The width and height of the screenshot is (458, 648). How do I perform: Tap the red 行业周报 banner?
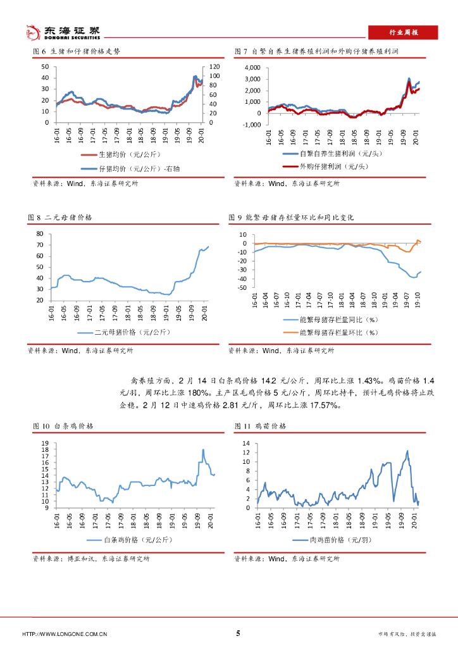pyautogui.click(x=403, y=32)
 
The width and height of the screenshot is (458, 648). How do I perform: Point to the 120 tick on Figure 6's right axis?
pyautogui.click(x=214, y=67)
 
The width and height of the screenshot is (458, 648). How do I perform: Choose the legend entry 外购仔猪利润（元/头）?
pyautogui.click(x=333, y=166)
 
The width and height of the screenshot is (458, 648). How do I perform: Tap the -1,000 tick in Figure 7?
pyautogui.click(x=251, y=125)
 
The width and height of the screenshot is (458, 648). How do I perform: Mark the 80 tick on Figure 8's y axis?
pyautogui.click(x=39, y=234)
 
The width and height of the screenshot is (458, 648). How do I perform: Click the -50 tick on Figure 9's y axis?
pyautogui.click(x=241, y=288)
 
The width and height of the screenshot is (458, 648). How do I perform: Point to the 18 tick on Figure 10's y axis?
pyautogui.click(x=44, y=449)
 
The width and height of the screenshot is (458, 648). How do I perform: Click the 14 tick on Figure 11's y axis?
pyautogui.click(x=247, y=444)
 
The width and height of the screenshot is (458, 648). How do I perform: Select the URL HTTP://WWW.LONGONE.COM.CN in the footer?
pyautogui.click(x=65, y=634)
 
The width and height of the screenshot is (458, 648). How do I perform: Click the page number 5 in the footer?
pyautogui.click(x=238, y=633)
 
